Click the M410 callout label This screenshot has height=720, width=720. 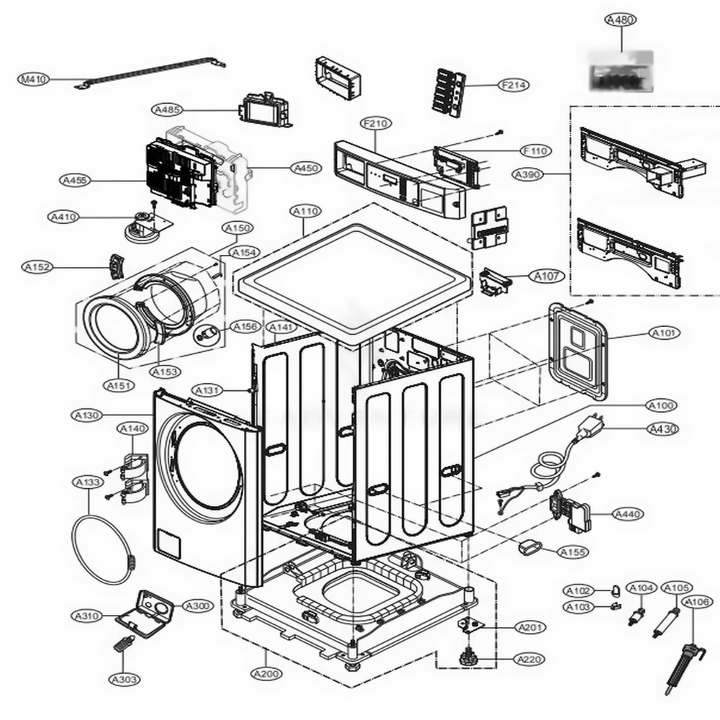33,79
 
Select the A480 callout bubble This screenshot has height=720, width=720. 620,21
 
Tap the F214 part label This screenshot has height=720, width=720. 514,85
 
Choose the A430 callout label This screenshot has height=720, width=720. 663,430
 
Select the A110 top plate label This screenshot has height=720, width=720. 307,212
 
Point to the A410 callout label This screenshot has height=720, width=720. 63,217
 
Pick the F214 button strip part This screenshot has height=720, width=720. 449,89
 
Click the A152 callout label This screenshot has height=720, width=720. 37,267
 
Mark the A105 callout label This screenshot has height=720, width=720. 676,588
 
